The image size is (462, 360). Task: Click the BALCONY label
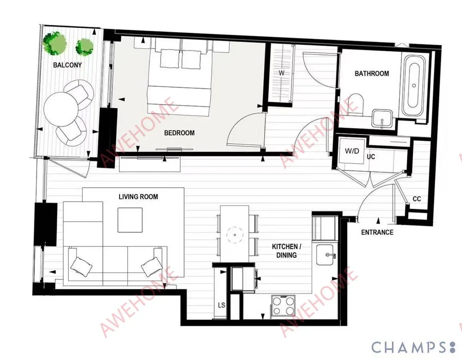coord(67,65)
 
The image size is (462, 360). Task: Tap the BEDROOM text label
coord(179,133)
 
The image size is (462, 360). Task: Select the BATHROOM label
coord(372,74)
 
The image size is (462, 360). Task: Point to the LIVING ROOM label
coord(138,197)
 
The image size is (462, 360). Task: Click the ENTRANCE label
coord(377,232)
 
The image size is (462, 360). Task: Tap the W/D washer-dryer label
coord(352,151)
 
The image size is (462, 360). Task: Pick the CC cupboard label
coord(417,199)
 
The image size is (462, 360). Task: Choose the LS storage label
coord(221,305)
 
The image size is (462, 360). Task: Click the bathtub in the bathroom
coord(414,85)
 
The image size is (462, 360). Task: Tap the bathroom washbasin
coord(382,118)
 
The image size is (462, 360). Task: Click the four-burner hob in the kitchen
coord(283,306)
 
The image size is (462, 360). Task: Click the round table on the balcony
coord(61,109)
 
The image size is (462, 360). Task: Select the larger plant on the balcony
coord(54,44)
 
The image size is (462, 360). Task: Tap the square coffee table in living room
coord(130,220)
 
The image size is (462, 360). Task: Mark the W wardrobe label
coord(282,73)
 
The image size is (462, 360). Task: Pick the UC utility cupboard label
coord(371,157)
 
